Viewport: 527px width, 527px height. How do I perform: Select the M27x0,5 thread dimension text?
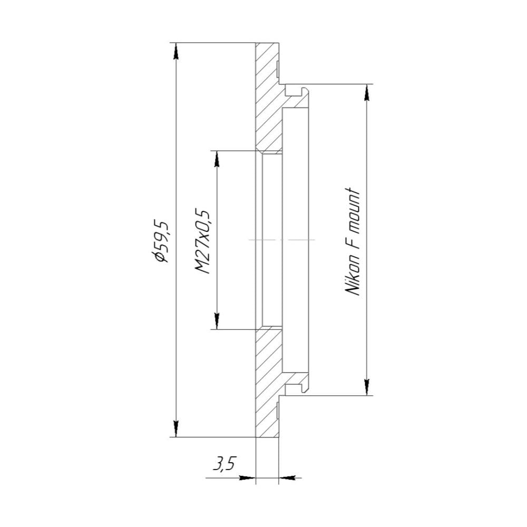click(x=202, y=242)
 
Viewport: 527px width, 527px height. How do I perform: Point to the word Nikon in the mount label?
click(x=353, y=279)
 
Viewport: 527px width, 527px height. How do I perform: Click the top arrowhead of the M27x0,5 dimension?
click(x=217, y=159)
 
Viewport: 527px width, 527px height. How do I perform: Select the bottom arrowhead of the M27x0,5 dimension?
click(x=217, y=321)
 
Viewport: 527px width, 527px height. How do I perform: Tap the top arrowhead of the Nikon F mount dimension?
click(x=367, y=92)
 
